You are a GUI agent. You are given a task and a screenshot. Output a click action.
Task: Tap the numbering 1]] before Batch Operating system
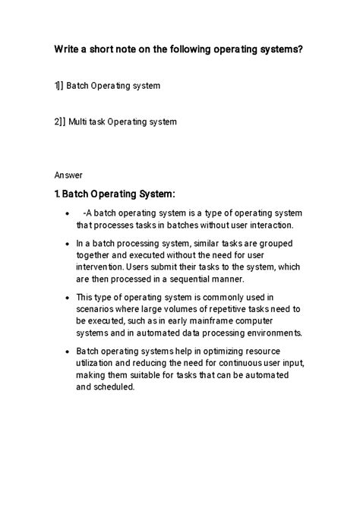click(x=59, y=86)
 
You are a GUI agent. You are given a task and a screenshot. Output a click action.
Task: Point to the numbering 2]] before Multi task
click(x=60, y=121)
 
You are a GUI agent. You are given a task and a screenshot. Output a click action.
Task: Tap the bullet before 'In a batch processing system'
click(x=70, y=244)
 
